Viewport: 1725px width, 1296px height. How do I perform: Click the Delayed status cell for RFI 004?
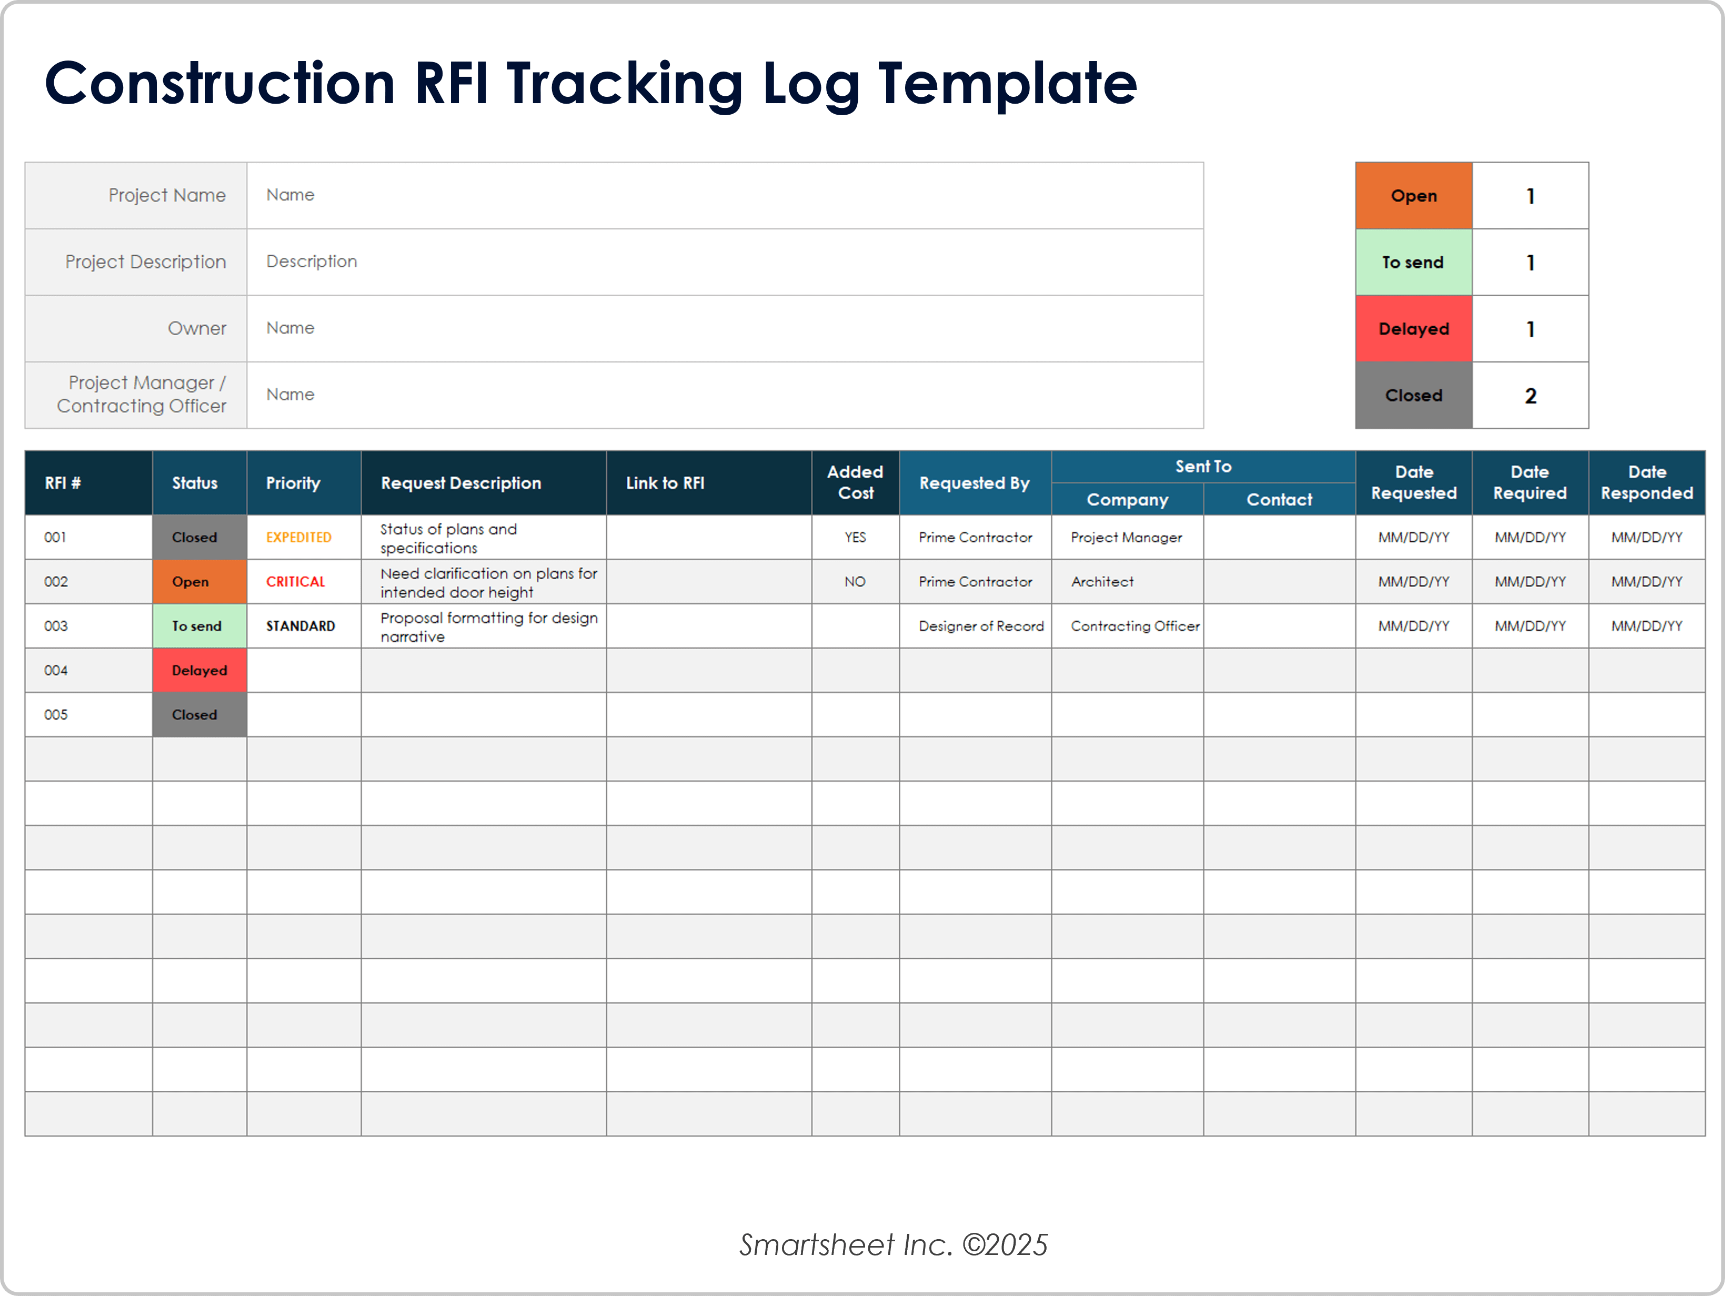(x=199, y=670)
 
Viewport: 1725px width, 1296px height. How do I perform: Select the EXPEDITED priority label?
(x=299, y=537)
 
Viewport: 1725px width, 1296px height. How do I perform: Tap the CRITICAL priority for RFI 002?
(x=296, y=582)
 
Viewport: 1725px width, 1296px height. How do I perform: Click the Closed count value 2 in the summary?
(x=1530, y=395)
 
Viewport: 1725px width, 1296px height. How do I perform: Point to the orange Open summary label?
(x=1413, y=196)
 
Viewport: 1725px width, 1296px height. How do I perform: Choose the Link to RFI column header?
(x=665, y=483)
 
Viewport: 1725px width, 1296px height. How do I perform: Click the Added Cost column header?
(x=855, y=482)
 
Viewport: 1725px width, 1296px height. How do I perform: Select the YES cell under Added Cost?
(x=855, y=537)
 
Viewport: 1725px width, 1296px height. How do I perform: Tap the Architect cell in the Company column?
(x=1102, y=582)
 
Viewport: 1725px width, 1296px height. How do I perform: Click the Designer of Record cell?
(x=980, y=626)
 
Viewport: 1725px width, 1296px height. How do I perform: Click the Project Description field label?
(x=146, y=262)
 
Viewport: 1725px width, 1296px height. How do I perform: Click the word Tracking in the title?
(x=625, y=84)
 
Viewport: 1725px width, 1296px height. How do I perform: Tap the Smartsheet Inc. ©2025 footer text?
(x=893, y=1244)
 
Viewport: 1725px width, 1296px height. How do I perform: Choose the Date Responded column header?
(x=1646, y=482)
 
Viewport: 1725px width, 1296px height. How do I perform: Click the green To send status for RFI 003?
(x=196, y=626)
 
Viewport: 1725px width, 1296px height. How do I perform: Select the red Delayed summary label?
(x=1413, y=329)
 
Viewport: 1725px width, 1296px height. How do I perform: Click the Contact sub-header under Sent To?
(x=1279, y=500)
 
